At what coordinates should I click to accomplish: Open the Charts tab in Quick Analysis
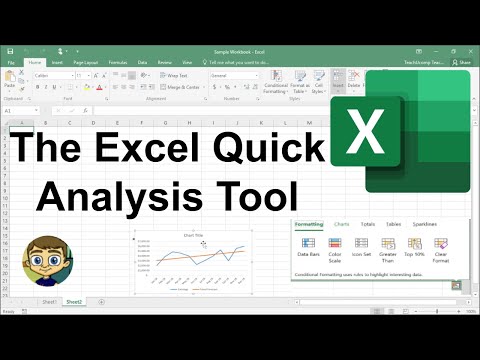pyautogui.click(x=342, y=225)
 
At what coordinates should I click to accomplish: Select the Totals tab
pyautogui.click(x=368, y=225)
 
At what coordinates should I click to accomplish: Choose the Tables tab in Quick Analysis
pyautogui.click(x=394, y=225)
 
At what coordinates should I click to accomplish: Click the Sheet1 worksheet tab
pyautogui.click(x=47, y=301)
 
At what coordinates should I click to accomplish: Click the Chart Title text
pyautogui.click(x=193, y=235)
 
